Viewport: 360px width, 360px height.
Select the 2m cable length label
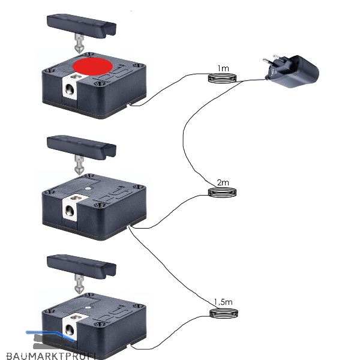point(223,182)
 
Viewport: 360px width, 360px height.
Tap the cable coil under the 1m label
point(223,79)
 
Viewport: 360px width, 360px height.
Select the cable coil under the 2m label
point(223,192)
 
